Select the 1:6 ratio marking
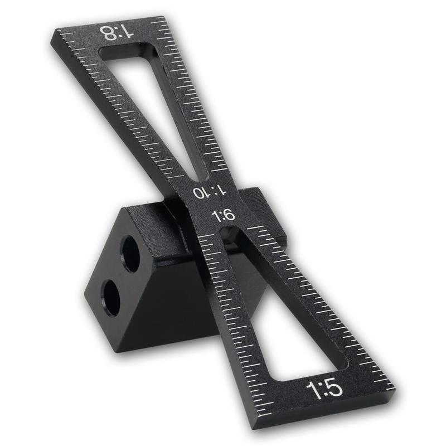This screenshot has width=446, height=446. point(224,216)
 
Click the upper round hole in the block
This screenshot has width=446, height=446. point(130,254)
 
